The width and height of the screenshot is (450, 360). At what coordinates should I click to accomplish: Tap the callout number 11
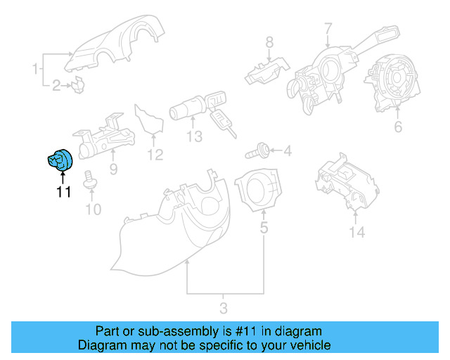[x=63, y=192]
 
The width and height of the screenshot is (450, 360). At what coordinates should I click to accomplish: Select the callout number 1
[x=35, y=69]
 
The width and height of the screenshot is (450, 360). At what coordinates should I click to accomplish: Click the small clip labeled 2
[x=77, y=86]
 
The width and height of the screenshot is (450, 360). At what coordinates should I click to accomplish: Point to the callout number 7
[x=328, y=29]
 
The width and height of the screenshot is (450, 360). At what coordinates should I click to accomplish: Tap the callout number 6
[x=397, y=127]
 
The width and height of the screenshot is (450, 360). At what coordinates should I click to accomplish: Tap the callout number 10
[x=93, y=209]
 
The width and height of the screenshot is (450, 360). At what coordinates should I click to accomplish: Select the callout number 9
[x=112, y=169]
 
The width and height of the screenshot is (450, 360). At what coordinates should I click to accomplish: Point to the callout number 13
[x=194, y=135]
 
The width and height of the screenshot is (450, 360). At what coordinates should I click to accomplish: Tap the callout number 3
[x=223, y=307]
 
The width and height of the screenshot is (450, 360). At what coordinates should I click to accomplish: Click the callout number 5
[x=264, y=227]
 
